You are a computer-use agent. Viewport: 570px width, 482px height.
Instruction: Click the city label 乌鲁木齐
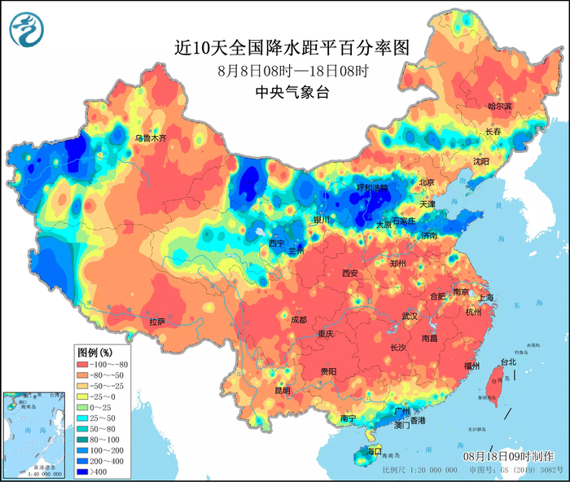tap(151, 138)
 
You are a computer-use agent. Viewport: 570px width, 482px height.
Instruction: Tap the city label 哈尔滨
tap(499, 107)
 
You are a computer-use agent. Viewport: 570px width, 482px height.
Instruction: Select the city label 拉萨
tap(157, 322)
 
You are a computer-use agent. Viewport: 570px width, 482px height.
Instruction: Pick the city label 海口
tap(374, 450)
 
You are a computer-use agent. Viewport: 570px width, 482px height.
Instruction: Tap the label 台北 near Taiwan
tap(507, 361)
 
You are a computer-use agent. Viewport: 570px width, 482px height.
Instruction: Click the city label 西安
tap(350, 273)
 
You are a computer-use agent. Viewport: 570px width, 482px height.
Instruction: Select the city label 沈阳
tap(481, 161)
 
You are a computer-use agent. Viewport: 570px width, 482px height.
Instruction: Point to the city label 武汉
tap(410, 315)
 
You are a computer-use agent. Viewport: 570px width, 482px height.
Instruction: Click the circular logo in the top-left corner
tap(26, 30)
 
